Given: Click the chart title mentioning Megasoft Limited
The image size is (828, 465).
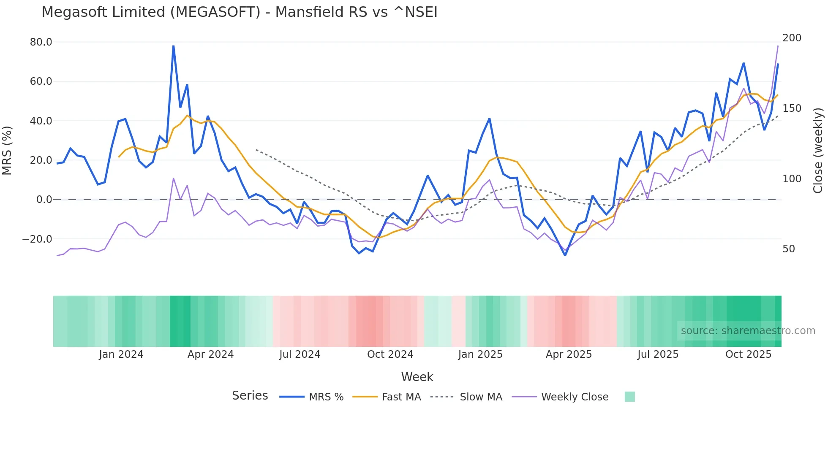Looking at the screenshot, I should (x=239, y=12).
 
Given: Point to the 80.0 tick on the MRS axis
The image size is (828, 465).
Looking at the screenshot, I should (x=41, y=42).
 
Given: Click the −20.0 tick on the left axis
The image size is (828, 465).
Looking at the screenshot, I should (x=37, y=239).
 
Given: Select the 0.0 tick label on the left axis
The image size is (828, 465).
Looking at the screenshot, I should (x=44, y=200).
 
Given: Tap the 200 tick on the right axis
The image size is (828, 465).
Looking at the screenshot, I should (x=792, y=38).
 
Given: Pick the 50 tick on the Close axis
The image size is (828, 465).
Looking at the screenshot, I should (x=788, y=249).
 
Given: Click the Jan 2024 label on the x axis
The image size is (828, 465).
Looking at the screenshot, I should (x=121, y=354).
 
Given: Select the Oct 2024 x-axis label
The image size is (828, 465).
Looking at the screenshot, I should (x=390, y=354).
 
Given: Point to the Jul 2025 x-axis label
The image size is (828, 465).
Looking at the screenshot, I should (x=658, y=354).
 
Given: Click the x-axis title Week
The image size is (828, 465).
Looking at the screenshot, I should (x=417, y=377).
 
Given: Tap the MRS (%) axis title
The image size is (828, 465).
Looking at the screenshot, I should (x=7, y=151).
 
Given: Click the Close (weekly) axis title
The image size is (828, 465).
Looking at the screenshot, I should (x=818, y=151).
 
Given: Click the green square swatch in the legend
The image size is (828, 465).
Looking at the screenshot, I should (x=629, y=397).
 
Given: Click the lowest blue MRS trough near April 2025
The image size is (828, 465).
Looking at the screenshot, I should (x=565, y=255).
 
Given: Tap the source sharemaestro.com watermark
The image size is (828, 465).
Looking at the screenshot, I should (x=748, y=331).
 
